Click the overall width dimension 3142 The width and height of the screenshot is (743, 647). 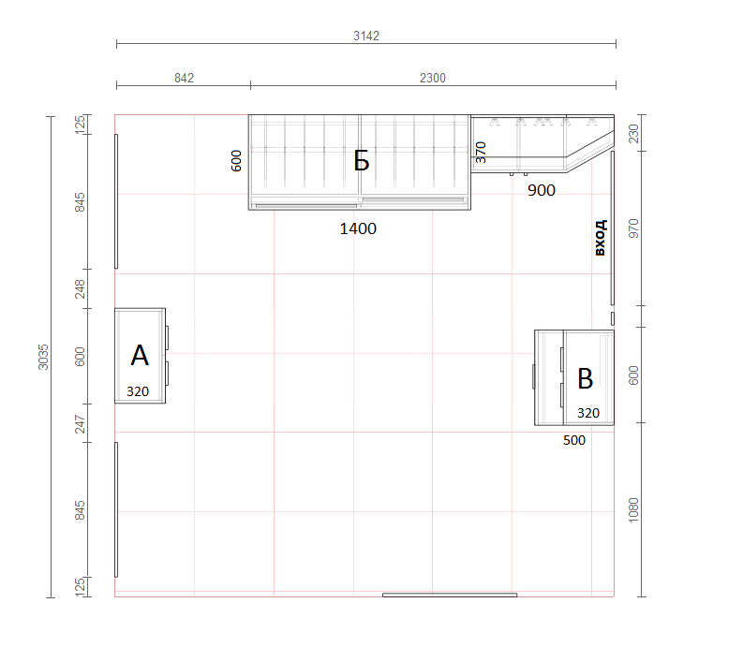(366, 36)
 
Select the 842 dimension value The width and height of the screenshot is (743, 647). (184, 78)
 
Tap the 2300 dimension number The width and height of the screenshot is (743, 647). (432, 78)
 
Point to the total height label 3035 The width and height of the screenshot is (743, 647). (43, 357)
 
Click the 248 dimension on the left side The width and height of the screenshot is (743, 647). (80, 289)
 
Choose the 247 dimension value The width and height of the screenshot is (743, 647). (80, 424)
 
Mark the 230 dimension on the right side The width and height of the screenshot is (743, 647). (633, 134)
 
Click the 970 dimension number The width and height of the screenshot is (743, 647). (633, 228)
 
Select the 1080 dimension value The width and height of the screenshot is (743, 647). (633, 510)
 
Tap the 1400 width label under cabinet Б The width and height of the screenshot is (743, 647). (358, 228)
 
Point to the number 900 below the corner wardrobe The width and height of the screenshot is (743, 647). (542, 190)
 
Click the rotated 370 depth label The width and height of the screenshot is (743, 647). (481, 152)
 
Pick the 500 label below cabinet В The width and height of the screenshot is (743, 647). (573, 440)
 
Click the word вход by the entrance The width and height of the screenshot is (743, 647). (600, 237)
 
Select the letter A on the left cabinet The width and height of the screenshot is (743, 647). (140, 355)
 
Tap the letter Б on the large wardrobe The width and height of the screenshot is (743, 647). (362, 160)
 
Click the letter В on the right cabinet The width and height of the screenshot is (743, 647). (586, 378)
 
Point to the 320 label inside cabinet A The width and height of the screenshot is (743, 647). (138, 391)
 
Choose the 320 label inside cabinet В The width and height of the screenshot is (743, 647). (588, 413)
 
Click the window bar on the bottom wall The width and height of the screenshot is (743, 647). (450, 595)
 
